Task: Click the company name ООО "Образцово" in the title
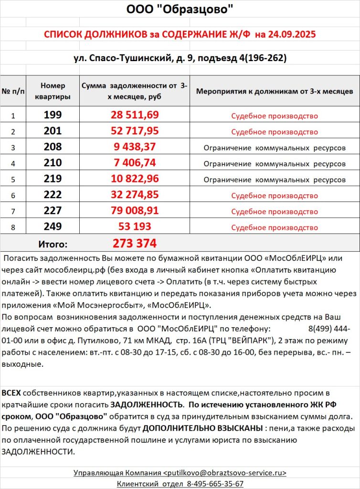tap(180, 10)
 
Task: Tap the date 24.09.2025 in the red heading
tap(291, 35)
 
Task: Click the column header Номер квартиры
tap(53, 91)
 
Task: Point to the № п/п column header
tap(13, 91)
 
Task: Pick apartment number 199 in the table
tap(53, 116)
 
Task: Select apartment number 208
tap(53, 148)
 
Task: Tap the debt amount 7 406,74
tap(135, 163)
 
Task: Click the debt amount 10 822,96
tap(135, 179)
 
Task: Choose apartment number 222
tap(53, 195)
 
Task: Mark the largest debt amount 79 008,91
tap(135, 211)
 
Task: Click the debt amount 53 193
tap(135, 227)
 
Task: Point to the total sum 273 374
tap(135, 244)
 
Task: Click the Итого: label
tap(53, 244)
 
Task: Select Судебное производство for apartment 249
tap(275, 227)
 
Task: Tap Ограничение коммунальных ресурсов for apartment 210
tap(275, 164)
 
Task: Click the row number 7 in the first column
tap(13, 212)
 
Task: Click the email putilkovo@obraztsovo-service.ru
tap(225, 473)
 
